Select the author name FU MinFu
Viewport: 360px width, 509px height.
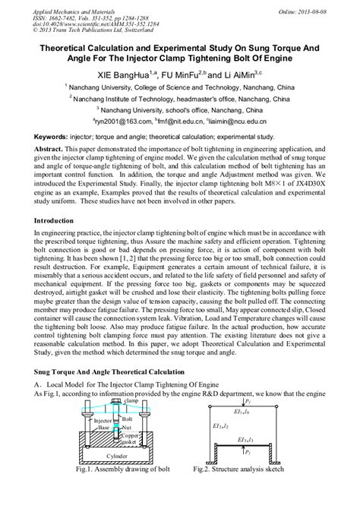[x=180, y=76]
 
